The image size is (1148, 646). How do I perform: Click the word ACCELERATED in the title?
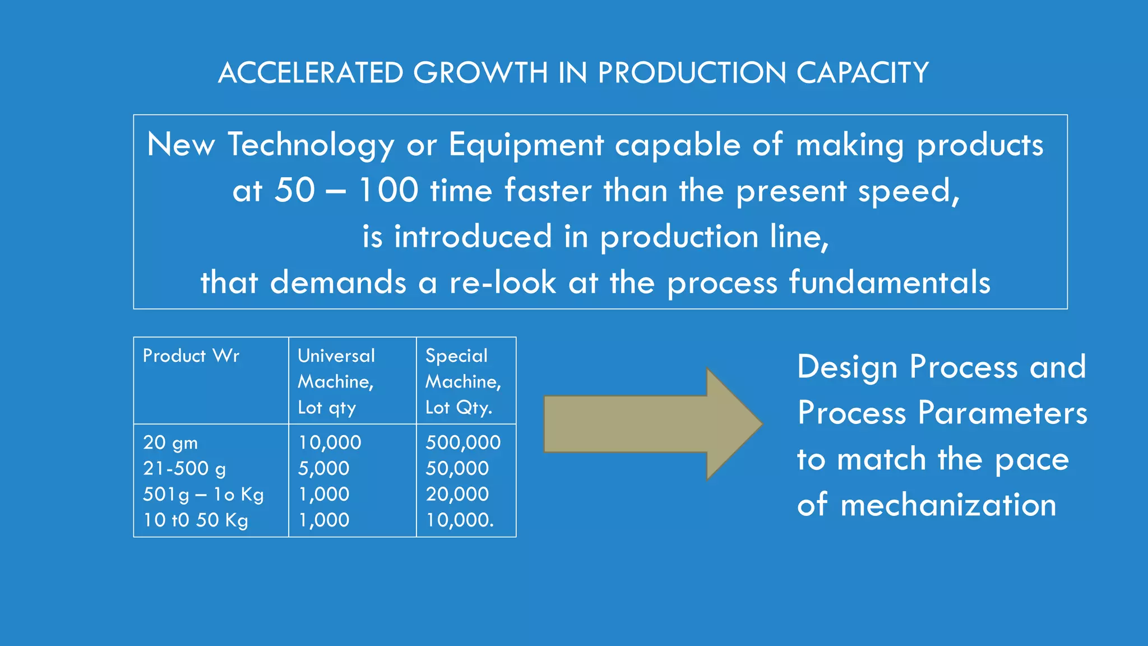coord(311,73)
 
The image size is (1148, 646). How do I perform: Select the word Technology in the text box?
coord(311,145)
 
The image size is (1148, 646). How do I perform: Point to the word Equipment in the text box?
coord(526,145)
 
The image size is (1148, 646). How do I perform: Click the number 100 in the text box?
coord(388,190)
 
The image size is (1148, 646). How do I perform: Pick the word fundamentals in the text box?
coord(890,282)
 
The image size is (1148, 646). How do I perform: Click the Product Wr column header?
coord(191,356)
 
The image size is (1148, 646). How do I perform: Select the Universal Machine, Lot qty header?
coord(336,381)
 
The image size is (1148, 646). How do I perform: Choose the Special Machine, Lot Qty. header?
coord(463,381)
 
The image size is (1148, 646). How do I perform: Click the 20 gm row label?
coord(170,442)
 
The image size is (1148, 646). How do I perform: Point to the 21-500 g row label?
coord(184,468)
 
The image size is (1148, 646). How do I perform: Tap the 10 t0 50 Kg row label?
coord(195,520)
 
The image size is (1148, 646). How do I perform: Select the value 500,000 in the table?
coord(463,442)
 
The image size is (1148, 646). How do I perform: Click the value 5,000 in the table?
coord(323,468)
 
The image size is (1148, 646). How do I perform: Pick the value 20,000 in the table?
coord(457,494)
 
